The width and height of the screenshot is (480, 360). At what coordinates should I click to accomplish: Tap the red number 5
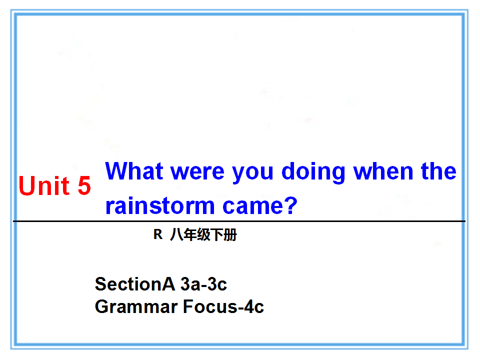pyautogui.click(x=84, y=185)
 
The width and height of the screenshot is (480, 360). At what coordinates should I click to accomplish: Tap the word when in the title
pyautogui.click(x=383, y=171)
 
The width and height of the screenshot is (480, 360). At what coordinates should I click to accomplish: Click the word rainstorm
pyautogui.click(x=160, y=205)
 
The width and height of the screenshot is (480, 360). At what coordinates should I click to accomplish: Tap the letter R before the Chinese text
pyautogui.click(x=158, y=234)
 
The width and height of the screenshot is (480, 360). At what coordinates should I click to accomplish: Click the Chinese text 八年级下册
pyautogui.click(x=203, y=234)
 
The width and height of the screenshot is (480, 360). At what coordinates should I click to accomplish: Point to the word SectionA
pyautogui.click(x=135, y=284)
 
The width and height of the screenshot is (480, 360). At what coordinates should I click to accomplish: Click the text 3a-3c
pyautogui.click(x=204, y=284)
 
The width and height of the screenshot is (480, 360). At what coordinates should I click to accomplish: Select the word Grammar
pyautogui.click(x=136, y=307)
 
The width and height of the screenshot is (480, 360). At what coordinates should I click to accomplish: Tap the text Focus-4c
pyautogui.click(x=223, y=306)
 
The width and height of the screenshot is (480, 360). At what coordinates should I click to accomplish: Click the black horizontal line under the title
pyautogui.click(x=239, y=221)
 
